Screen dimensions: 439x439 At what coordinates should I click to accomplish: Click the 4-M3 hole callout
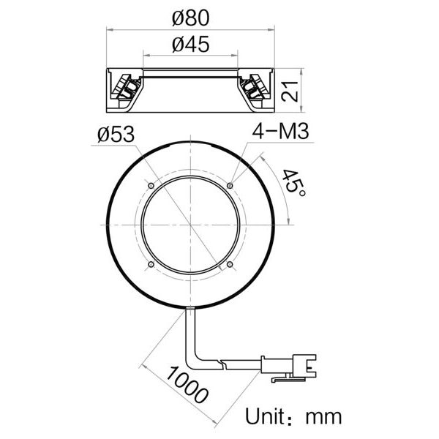tap(279, 132)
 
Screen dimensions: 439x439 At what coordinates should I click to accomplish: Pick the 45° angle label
tap(295, 181)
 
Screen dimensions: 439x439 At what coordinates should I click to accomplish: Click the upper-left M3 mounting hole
tap(151, 186)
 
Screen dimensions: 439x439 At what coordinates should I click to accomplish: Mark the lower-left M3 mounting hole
tap(151, 264)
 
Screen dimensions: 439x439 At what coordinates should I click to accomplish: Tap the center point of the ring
tap(190, 225)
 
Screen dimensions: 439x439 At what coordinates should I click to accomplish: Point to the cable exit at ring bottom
tap(190, 310)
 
